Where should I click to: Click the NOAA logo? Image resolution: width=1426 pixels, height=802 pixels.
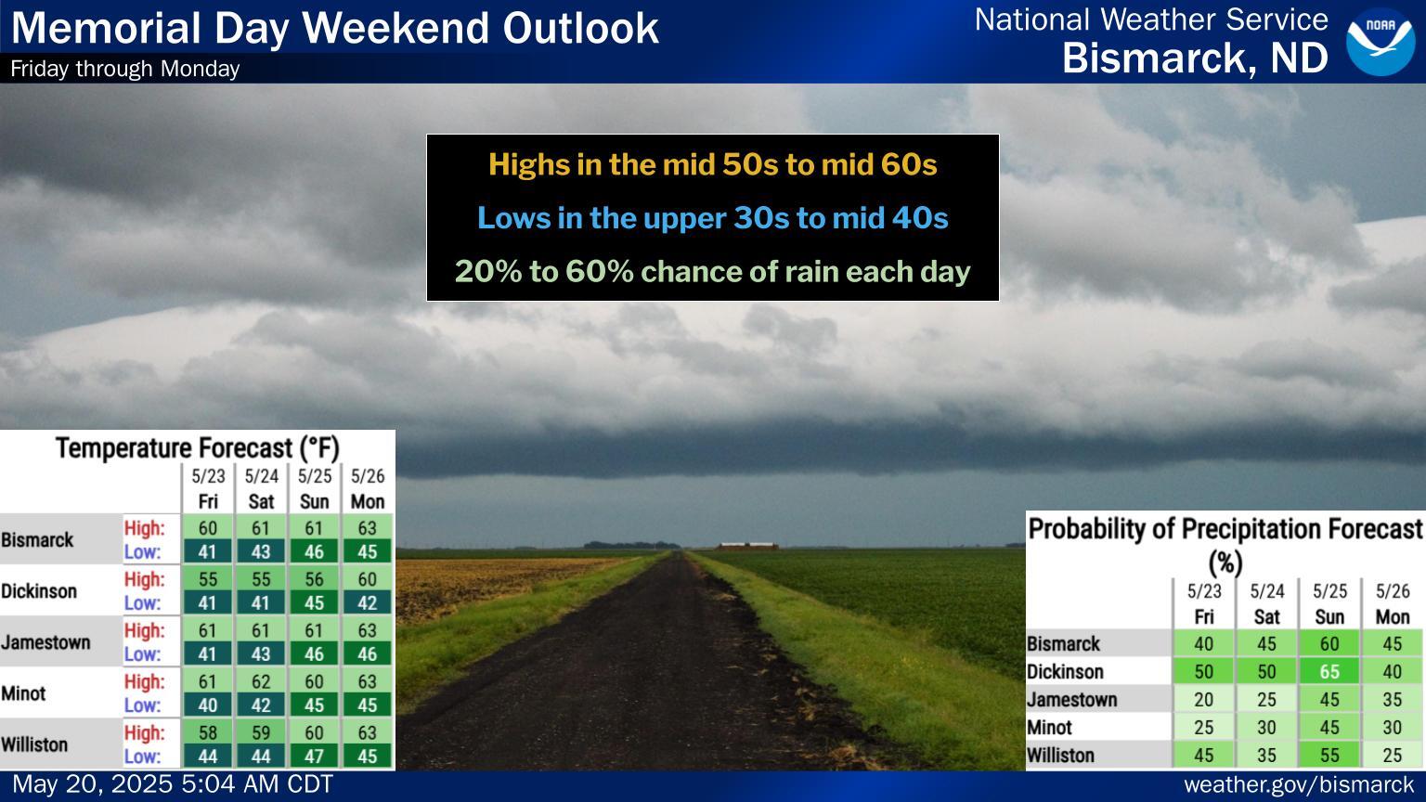(1381, 42)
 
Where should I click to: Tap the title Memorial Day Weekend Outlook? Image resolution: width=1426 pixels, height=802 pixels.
(335, 29)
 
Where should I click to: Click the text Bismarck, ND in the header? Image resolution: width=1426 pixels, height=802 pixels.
(1195, 58)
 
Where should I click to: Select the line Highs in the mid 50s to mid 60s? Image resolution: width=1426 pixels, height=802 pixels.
(712, 164)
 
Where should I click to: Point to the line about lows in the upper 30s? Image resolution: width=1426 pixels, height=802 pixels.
(712, 218)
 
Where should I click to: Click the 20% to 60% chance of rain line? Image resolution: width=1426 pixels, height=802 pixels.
(712, 272)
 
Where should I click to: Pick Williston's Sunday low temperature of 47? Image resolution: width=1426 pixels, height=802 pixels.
(314, 757)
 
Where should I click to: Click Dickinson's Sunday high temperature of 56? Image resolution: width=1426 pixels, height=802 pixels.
(314, 579)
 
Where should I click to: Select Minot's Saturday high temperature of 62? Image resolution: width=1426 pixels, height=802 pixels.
(261, 681)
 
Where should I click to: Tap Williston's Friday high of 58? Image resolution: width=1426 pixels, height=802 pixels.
(208, 732)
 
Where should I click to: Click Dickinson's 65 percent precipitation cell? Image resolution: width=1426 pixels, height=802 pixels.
(1329, 671)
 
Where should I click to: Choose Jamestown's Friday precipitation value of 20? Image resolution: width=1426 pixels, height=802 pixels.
(1203, 700)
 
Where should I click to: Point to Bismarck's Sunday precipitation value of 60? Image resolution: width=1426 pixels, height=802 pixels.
(1329, 643)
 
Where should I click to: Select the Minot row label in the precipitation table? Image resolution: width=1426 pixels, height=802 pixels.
(1049, 727)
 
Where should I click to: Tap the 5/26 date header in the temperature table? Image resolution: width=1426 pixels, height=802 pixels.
(368, 476)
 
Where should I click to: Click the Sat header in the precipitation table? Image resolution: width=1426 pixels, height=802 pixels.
(1267, 616)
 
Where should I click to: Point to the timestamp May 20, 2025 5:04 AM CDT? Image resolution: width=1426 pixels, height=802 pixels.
(173, 784)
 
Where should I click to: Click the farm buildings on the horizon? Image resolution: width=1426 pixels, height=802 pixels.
(747, 546)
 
